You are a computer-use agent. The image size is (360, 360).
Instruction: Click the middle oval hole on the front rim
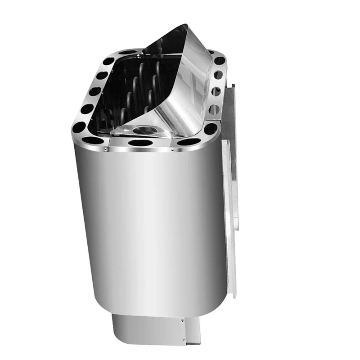pyautogui.click(x=140, y=143)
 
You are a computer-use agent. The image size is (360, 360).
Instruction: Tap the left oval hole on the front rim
pyautogui.click(x=93, y=140)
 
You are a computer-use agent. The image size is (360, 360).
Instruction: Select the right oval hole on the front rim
pyautogui.click(x=189, y=141)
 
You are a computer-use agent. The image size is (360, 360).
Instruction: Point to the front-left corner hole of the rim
pyautogui.click(x=78, y=127)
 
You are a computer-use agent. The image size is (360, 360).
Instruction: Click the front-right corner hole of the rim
pyautogui.click(x=210, y=129)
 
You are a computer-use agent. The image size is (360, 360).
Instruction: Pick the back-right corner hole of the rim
pyautogui.click(x=219, y=60)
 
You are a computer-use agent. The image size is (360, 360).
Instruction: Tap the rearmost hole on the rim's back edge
pyautogui.click(x=127, y=52)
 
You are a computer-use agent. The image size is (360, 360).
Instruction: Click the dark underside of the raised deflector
pyautogui.click(x=169, y=43)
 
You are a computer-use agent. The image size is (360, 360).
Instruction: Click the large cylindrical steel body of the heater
pyautogui.click(x=148, y=225)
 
